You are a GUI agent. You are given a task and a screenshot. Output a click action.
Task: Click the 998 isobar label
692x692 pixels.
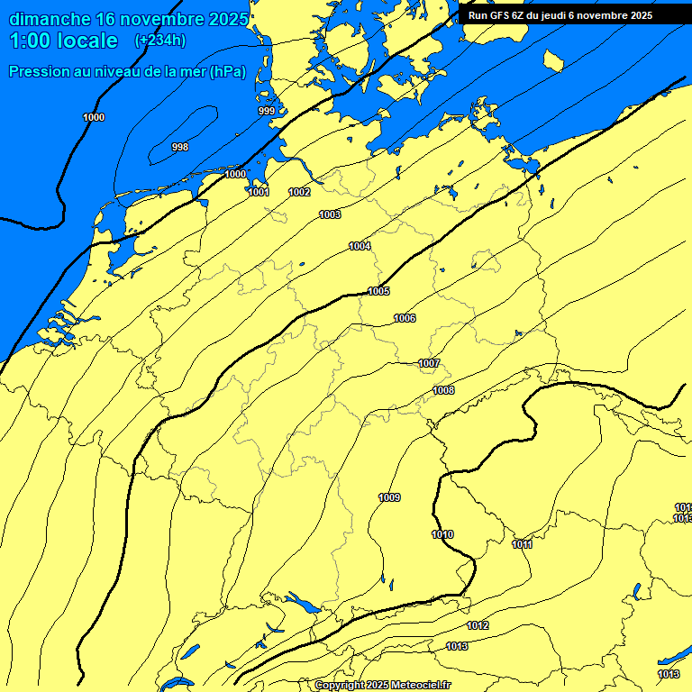point(180,147)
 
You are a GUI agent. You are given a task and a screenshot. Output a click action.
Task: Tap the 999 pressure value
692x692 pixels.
point(267,111)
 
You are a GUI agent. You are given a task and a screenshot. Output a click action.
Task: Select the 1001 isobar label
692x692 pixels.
point(259,192)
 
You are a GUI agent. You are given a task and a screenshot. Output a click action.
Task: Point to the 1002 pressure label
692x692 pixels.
point(300,192)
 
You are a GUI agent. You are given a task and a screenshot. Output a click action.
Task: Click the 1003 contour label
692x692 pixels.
point(330,214)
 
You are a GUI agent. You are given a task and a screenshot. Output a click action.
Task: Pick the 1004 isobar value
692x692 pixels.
point(360,246)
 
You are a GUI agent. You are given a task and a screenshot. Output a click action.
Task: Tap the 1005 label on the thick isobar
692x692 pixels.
point(378,291)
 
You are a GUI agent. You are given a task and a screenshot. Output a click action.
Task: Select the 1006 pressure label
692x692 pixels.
point(405,318)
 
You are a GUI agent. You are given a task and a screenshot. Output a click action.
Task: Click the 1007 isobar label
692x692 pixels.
point(429,363)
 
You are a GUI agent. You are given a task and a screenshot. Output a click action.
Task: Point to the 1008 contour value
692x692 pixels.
point(443,390)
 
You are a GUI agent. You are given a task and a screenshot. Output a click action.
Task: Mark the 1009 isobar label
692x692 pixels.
point(389,497)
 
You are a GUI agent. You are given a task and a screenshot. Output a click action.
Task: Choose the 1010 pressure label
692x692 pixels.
point(442,534)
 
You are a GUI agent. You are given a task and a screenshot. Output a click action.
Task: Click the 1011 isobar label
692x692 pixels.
point(522,544)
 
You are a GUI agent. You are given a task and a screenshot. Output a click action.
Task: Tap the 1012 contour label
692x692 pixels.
point(478,625)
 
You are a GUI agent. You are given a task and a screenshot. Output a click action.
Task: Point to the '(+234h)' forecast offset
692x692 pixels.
point(159,41)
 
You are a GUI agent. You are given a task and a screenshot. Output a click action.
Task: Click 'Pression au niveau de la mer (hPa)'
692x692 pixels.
point(127,72)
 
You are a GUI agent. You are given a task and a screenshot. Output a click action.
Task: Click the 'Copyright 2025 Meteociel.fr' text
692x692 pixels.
point(382,685)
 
